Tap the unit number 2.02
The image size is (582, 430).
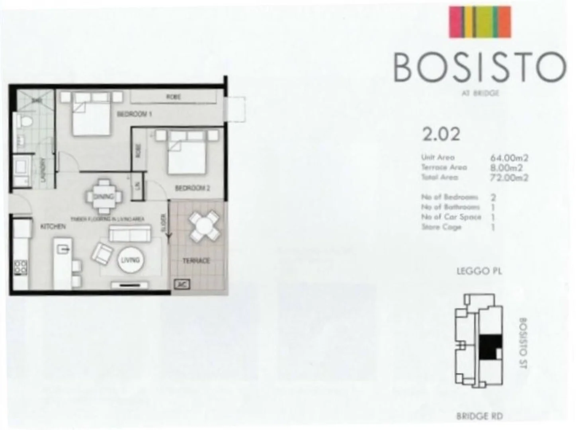441,134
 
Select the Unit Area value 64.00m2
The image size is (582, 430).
509,158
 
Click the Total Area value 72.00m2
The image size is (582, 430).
509,178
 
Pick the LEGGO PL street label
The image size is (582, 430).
479,272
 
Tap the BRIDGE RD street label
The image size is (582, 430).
479,416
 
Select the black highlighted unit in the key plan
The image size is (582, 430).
489,347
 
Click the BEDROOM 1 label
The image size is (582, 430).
134,114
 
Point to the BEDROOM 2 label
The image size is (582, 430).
192,188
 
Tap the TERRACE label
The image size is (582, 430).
196,261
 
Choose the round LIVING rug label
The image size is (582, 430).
130,260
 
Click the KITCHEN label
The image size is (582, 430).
53,226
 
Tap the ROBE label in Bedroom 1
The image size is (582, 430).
174,97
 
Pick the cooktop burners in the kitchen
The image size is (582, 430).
20,267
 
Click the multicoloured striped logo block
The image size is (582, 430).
480,22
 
